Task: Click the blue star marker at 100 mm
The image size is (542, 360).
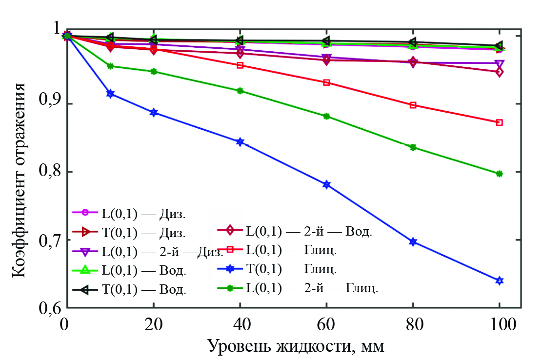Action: click(x=499, y=280)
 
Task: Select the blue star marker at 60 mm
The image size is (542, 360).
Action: click(x=326, y=184)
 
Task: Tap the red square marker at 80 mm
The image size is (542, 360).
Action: click(x=413, y=105)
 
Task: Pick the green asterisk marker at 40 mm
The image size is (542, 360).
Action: click(x=240, y=91)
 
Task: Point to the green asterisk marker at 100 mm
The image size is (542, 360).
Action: click(x=499, y=174)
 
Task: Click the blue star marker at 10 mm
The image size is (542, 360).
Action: click(x=111, y=94)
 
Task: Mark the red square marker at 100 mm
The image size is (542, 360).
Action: click(x=499, y=122)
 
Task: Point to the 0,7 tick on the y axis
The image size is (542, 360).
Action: click(x=67, y=240)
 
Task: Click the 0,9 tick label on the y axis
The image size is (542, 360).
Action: click(x=51, y=104)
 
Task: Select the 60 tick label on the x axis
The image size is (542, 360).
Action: click(x=326, y=324)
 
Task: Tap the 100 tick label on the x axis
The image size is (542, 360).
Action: click(x=499, y=324)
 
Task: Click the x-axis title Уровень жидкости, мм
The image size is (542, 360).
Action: click(x=297, y=346)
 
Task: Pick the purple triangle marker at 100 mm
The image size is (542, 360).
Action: click(x=499, y=64)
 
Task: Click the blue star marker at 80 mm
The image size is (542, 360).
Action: click(x=413, y=242)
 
